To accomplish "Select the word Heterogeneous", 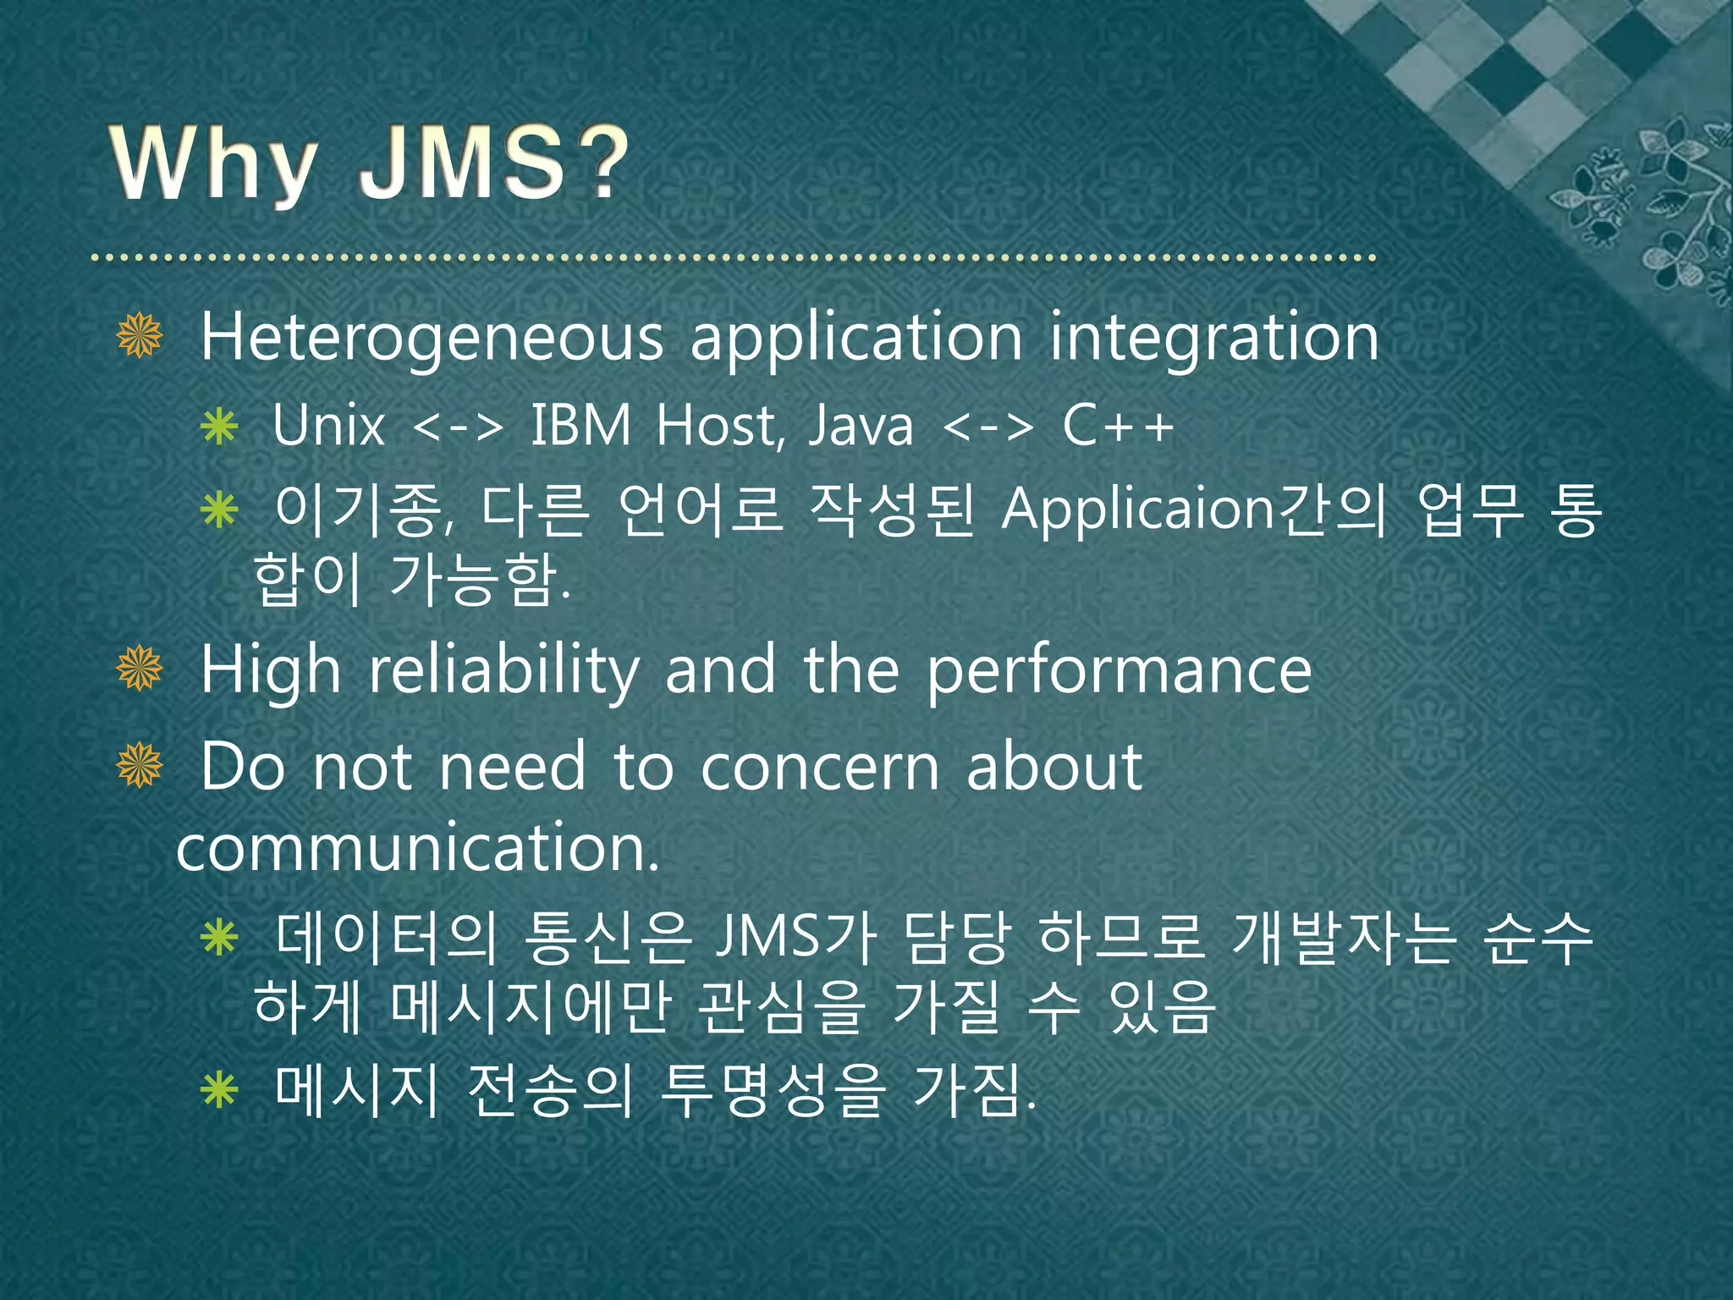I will tap(432, 339).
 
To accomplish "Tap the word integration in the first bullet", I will tap(1214, 339).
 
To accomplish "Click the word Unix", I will tap(328, 425).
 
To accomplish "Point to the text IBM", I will tap(580, 425).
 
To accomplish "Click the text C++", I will tap(1118, 425).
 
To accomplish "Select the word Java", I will tap(861, 425).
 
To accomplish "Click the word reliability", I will tap(504, 670).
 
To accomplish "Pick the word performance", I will tap(1119, 670).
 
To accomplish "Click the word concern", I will tap(820, 767).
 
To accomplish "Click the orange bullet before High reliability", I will tap(140, 669).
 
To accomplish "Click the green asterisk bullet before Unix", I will tap(219, 427).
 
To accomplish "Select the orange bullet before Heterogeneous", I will tap(140, 335).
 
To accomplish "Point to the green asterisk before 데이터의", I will tap(219, 939).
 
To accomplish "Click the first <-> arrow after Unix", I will tap(458, 427).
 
